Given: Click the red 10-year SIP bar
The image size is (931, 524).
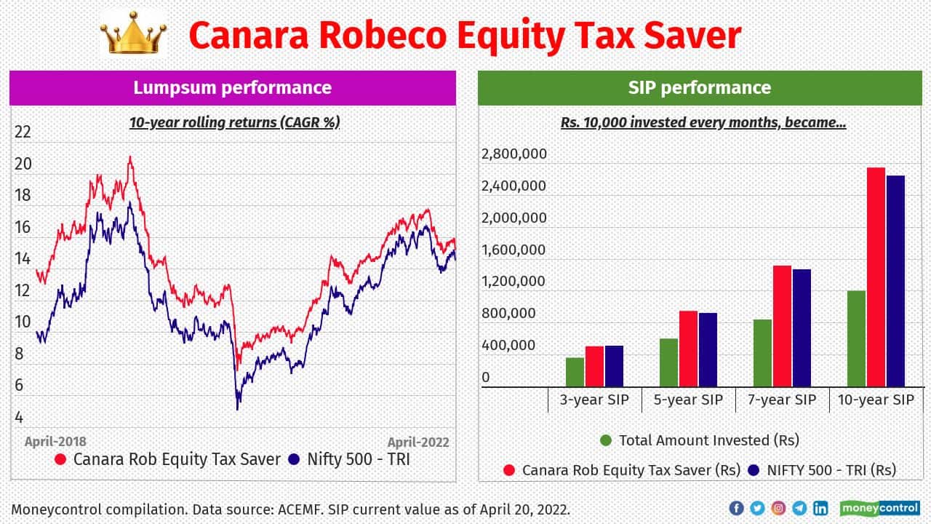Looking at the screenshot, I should (x=876, y=277).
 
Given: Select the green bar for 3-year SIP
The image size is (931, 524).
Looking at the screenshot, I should (x=575, y=372).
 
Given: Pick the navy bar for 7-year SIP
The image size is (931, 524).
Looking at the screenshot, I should (x=802, y=327).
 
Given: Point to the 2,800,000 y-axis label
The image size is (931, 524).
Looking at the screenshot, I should (x=514, y=154).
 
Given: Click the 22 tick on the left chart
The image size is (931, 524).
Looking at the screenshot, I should (x=23, y=132).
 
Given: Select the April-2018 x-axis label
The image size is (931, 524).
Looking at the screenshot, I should (x=55, y=442).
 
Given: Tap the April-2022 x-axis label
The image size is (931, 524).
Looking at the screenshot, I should (x=417, y=442).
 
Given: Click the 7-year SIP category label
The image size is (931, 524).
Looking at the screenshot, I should (x=783, y=400).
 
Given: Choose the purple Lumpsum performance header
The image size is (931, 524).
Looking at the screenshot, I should (x=232, y=88).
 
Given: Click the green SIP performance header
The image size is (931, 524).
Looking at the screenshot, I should (x=699, y=88).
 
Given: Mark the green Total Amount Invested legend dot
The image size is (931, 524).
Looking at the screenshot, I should (x=606, y=440).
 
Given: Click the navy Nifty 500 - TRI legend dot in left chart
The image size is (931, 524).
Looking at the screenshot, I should (x=294, y=460).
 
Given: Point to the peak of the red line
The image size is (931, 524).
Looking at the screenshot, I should (x=130, y=157).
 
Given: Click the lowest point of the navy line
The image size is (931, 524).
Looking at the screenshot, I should (x=237, y=408).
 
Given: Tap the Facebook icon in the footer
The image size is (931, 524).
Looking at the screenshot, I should (x=736, y=508).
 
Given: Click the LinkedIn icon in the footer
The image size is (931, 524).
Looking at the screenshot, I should (x=820, y=508).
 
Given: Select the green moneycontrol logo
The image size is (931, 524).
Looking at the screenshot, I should (x=879, y=508).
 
